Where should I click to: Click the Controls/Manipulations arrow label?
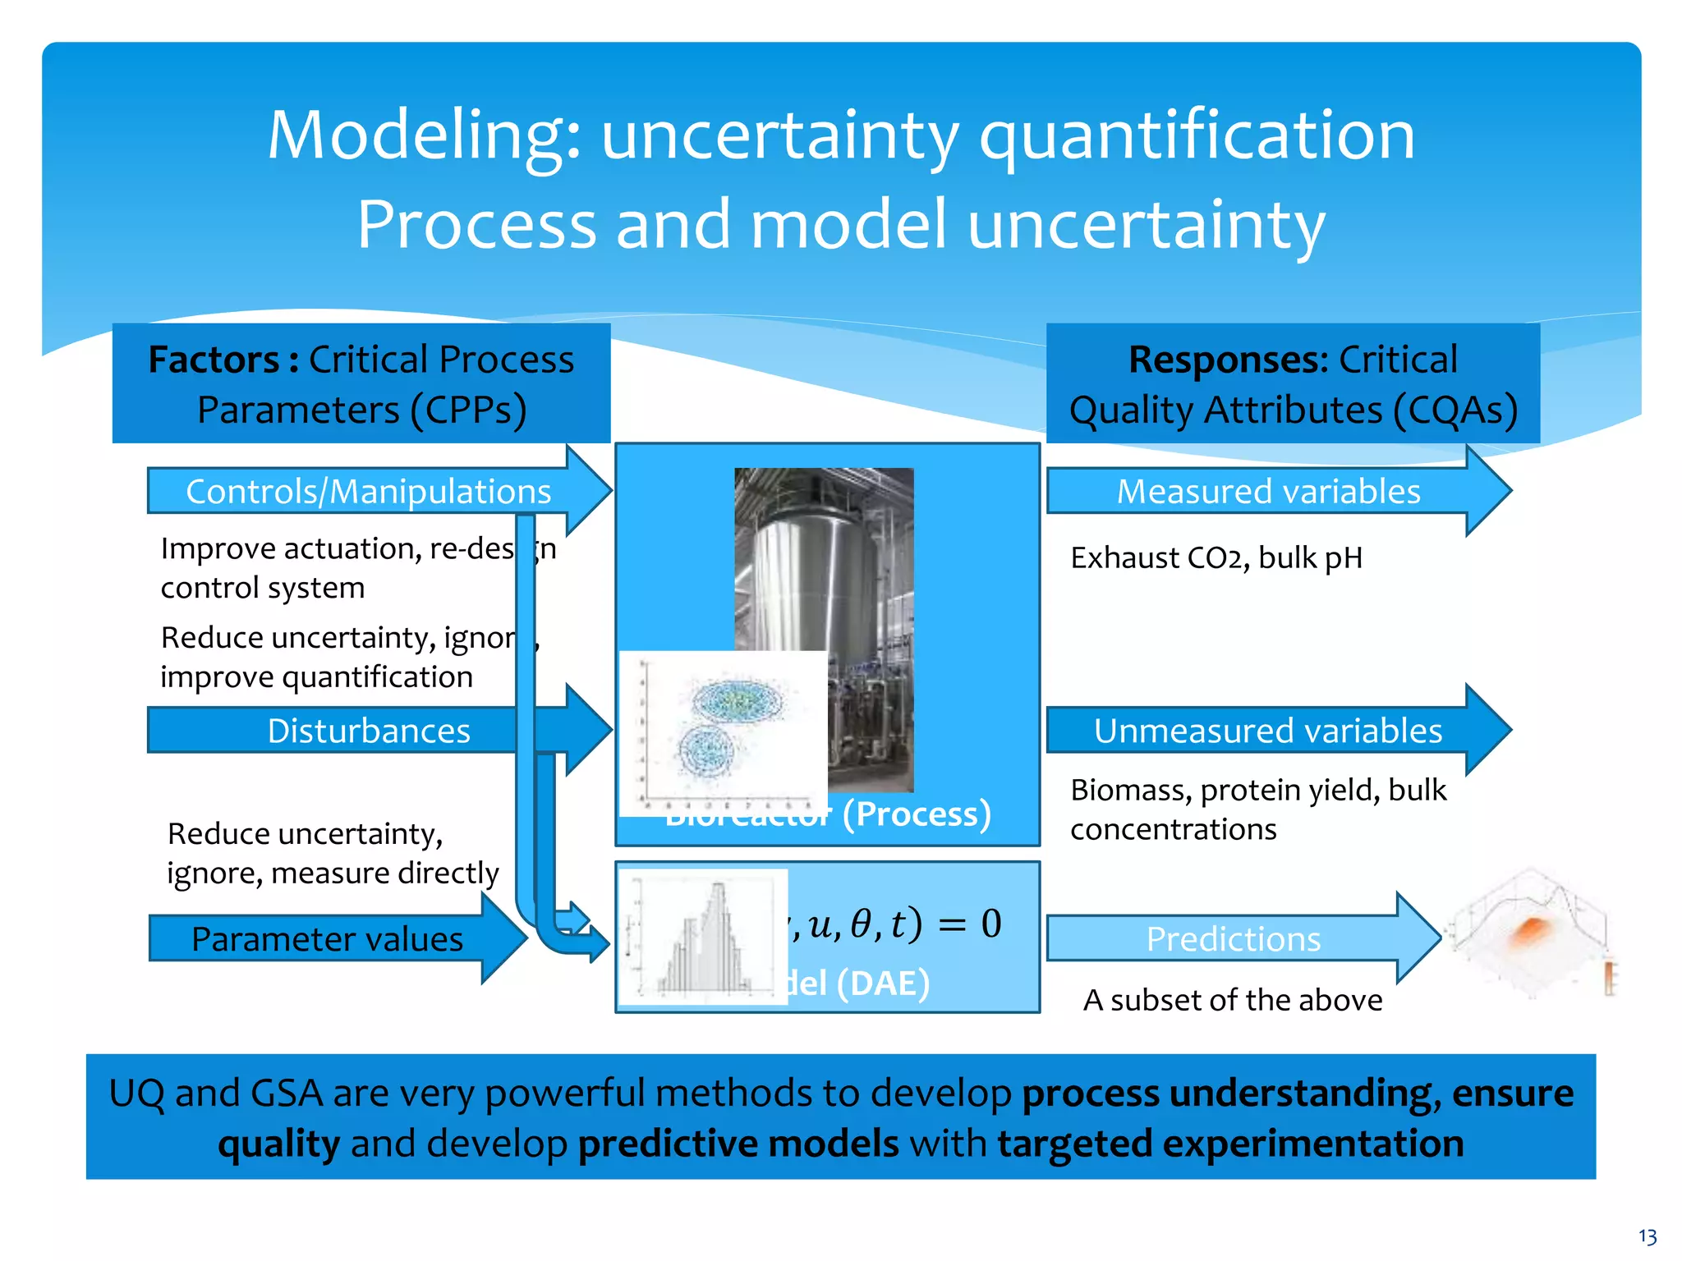[x=368, y=492]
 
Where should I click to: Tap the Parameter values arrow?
[x=327, y=938]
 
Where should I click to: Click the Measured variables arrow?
[x=1268, y=492]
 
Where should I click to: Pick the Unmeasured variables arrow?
[x=1268, y=731]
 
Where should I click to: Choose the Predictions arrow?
[x=1233, y=938]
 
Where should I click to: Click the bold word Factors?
[x=214, y=360]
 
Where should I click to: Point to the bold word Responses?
[x=1227, y=360]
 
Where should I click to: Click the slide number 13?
[x=1647, y=1236]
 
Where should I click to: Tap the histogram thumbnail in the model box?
[x=703, y=937]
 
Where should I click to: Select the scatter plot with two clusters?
[x=723, y=732]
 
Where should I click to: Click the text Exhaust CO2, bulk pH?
[x=1216, y=558]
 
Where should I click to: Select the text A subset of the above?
[x=1233, y=1000]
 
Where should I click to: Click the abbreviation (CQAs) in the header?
[x=1455, y=410]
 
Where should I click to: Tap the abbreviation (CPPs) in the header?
[x=468, y=410]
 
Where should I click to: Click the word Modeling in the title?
[x=424, y=135]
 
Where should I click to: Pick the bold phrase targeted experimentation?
[x=1230, y=1144]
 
